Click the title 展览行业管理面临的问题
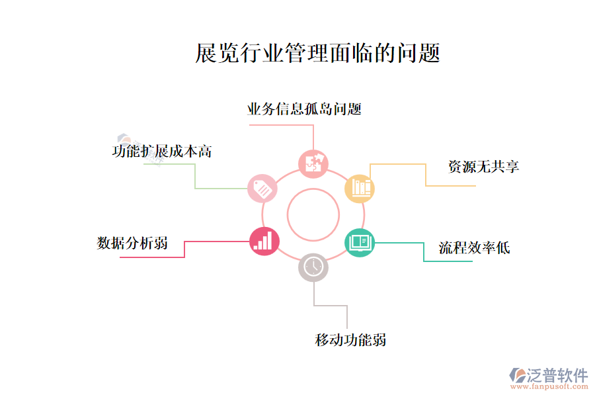(317, 53)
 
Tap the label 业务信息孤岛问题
(304, 109)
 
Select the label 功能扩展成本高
(162, 151)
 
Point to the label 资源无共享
(483, 167)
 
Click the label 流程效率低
(474, 248)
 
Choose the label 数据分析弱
(132, 243)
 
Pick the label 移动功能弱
(350, 340)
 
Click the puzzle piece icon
(313, 163)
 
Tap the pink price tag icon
(262, 189)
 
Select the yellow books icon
(360, 188)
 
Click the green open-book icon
(360, 242)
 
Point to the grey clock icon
(313, 267)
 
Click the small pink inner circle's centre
(313, 214)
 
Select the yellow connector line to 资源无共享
(425, 175)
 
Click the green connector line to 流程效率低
(423, 252)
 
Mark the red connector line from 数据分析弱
(184, 249)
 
